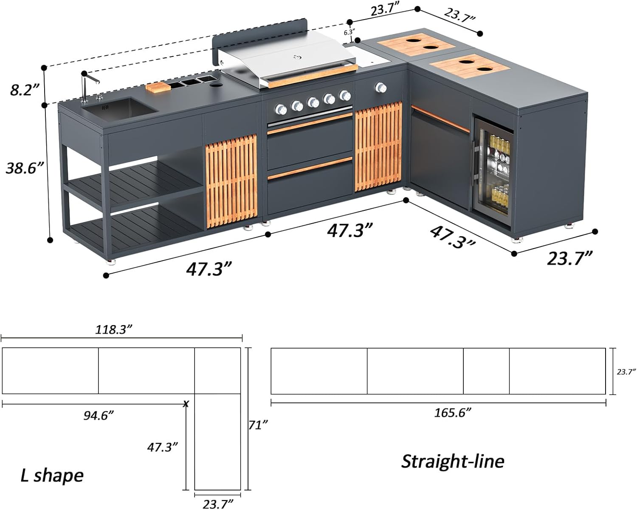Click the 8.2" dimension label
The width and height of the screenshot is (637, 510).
[x=25, y=90]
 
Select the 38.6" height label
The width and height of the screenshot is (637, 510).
[x=25, y=168]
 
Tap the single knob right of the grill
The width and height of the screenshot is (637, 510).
[x=381, y=88]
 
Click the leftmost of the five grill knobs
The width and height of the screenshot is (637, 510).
[x=281, y=110]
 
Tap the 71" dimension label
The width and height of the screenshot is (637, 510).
[x=258, y=425]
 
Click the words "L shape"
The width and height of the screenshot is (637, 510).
[x=52, y=475]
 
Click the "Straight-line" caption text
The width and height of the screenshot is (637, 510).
[x=453, y=461]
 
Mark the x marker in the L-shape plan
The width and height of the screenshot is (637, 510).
[x=186, y=404]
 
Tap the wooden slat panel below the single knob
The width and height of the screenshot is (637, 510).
[x=378, y=147]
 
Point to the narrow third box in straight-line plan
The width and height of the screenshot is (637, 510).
[x=486, y=371]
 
